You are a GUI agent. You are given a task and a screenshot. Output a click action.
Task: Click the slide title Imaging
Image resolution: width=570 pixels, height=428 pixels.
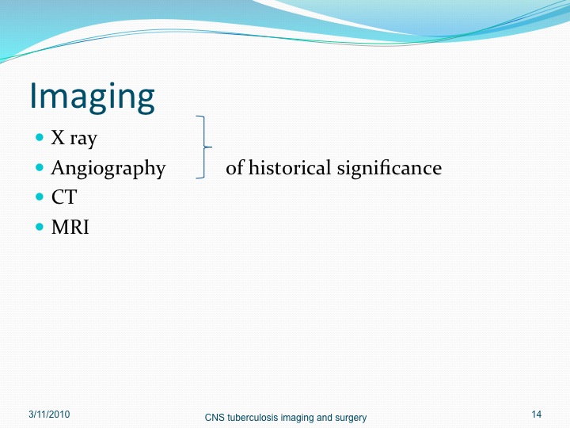92,97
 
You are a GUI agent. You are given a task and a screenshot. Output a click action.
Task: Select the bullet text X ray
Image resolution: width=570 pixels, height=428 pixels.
74,138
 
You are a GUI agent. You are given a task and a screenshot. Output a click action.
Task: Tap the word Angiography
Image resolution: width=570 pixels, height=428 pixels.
108,169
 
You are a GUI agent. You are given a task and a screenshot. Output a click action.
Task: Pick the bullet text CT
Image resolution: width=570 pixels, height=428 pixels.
64,197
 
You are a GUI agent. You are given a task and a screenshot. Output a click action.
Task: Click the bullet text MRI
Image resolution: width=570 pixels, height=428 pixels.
70,227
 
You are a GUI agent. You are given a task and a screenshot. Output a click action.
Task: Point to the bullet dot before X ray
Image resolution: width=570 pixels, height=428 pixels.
40,138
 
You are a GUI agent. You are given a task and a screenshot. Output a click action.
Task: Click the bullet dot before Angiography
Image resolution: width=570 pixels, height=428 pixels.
40,167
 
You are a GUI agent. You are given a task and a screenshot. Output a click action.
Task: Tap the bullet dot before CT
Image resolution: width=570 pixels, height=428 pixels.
40,197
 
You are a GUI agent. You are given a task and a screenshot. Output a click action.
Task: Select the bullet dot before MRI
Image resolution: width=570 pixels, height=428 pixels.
40,227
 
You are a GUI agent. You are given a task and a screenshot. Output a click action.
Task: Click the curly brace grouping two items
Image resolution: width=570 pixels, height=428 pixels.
204,147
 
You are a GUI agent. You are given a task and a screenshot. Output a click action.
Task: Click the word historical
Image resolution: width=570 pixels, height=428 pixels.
290,168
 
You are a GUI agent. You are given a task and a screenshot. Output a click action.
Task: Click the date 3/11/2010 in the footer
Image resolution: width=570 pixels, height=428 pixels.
49,415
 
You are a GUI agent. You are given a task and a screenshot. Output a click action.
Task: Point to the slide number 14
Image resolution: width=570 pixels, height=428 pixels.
536,415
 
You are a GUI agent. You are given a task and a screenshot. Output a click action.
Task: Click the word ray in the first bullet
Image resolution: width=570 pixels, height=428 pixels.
84,139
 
